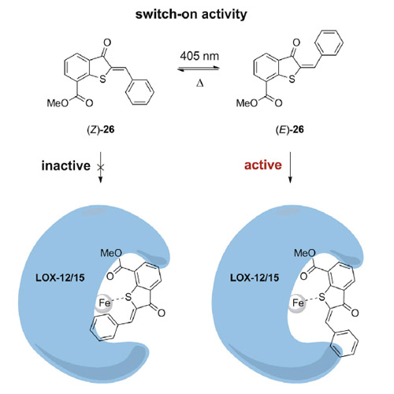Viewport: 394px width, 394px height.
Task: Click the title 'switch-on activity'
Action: pos(191,14)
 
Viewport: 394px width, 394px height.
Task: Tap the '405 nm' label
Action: pos(199,56)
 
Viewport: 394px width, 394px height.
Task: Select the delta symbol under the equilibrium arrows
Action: pos(200,84)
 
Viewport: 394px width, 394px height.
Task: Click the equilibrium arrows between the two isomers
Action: pos(199,69)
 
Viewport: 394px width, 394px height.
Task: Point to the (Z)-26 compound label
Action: pos(101,129)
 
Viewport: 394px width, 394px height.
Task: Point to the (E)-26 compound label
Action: pos(290,129)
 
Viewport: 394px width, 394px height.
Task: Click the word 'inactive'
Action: pos(66,165)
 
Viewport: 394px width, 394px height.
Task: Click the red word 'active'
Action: pos(263,165)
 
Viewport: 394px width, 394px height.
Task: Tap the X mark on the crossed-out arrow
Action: pos(100,167)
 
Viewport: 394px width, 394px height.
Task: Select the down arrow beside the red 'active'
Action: pos(290,167)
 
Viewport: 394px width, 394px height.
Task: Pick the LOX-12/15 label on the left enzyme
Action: pos(60,277)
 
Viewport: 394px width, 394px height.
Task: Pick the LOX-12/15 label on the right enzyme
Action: pos(255,277)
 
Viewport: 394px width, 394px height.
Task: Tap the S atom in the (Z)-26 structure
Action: pos(102,79)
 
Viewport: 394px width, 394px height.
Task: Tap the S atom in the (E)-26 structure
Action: pos(292,79)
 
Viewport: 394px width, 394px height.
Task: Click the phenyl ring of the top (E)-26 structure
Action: pos(329,43)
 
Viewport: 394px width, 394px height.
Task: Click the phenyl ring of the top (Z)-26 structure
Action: pos(139,92)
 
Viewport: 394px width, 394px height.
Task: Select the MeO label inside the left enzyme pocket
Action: pos(111,253)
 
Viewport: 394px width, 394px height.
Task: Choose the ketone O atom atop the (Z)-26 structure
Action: pos(107,43)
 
